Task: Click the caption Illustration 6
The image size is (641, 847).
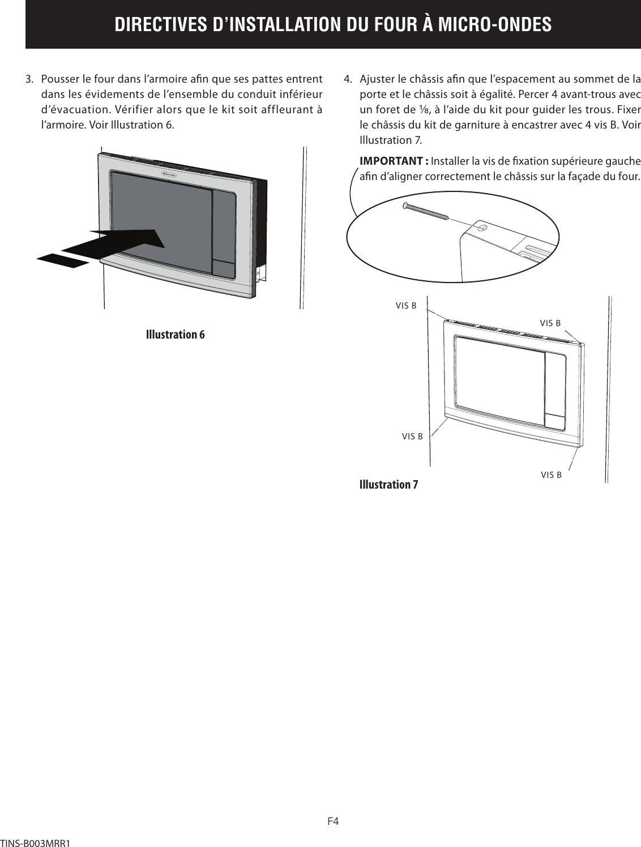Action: pos(175,334)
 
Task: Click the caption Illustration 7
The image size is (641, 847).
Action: pos(389,485)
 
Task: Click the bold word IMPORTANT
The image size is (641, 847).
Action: pos(393,161)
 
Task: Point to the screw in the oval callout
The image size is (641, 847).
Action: pos(426,211)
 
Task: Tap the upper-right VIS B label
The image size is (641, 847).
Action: pos(550,323)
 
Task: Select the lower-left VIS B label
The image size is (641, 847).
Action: pos(412,437)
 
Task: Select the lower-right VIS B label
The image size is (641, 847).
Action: pos(551,475)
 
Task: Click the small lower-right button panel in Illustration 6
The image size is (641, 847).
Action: pos(224,269)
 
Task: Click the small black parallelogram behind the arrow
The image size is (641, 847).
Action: pos(63,259)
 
